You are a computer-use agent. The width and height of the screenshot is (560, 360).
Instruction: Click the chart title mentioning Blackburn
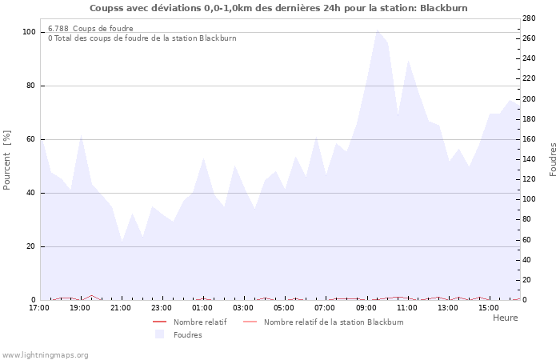278,8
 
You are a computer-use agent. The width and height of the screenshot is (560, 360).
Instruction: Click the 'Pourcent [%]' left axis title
7,160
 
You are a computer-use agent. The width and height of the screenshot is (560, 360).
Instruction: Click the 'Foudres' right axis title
553,159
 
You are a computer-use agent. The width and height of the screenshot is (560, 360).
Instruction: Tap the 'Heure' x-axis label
505,318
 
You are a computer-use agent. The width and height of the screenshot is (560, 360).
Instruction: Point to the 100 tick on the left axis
29,32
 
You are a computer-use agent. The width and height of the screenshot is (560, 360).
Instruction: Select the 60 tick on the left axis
31,139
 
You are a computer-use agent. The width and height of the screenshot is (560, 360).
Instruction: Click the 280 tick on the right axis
529,18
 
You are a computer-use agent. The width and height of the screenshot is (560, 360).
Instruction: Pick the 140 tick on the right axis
529,159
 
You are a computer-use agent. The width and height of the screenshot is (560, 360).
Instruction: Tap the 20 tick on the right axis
526,280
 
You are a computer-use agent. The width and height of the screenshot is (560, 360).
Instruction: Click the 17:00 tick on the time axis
38,308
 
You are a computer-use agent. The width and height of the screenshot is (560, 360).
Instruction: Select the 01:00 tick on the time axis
202,308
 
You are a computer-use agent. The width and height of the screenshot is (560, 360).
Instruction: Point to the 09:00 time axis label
366,308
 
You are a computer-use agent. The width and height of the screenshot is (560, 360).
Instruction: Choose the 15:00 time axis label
489,308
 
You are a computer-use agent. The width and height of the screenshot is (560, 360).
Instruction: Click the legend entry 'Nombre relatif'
199,322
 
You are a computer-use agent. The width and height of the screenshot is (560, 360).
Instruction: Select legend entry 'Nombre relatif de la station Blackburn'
333,322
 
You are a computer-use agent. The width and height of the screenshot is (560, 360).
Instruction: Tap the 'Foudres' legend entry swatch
160,334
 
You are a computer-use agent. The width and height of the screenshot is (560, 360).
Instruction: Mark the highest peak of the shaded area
377,30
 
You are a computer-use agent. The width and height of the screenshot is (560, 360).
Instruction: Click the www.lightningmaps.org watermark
45,354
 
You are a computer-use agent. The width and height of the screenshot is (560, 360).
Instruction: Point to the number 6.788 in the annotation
58,28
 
